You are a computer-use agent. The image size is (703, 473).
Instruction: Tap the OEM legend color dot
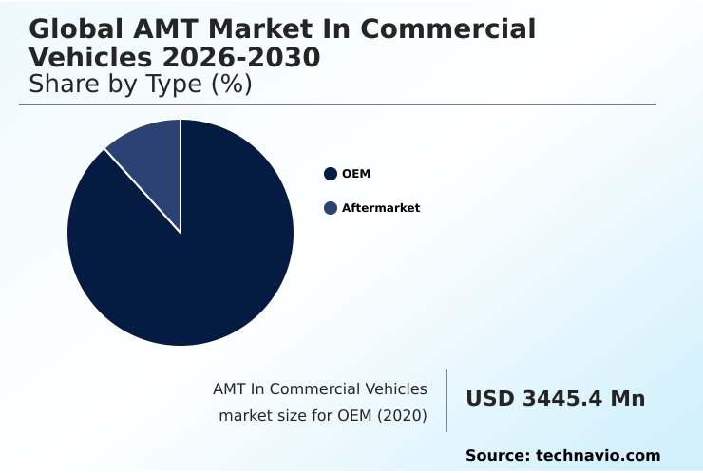tap(331, 174)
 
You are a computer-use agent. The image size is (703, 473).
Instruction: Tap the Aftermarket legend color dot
tap(331, 208)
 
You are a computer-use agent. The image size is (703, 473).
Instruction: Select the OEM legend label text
tap(356, 174)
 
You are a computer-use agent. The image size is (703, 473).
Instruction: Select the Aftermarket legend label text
tap(380, 208)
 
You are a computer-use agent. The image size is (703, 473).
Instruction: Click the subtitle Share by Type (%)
tap(140, 85)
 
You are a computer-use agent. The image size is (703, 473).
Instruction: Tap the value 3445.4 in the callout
tap(560, 399)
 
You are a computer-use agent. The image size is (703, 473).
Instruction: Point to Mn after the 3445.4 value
tap(627, 399)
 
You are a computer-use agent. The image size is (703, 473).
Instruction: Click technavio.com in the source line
tap(598, 456)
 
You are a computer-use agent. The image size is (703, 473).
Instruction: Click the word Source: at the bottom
tap(497, 456)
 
